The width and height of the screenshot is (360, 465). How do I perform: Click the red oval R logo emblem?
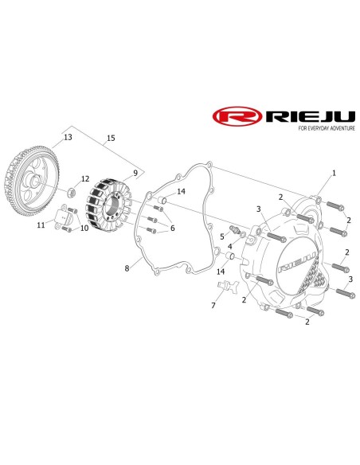click(x=237, y=116)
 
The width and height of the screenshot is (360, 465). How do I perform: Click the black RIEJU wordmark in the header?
click(x=310, y=116)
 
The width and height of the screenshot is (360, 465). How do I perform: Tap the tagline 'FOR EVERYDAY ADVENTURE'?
click(x=327, y=128)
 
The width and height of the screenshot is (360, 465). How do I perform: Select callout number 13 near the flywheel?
click(x=68, y=137)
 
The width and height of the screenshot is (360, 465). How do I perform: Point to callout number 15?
click(x=111, y=138)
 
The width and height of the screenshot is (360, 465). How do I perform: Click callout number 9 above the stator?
click(x=135, y=173)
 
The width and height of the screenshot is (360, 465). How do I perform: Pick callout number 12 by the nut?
click(x=85, y=179)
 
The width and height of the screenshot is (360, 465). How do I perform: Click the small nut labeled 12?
click(x=71, y=193)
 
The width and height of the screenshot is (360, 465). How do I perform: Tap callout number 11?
click(x=41, y=225)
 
